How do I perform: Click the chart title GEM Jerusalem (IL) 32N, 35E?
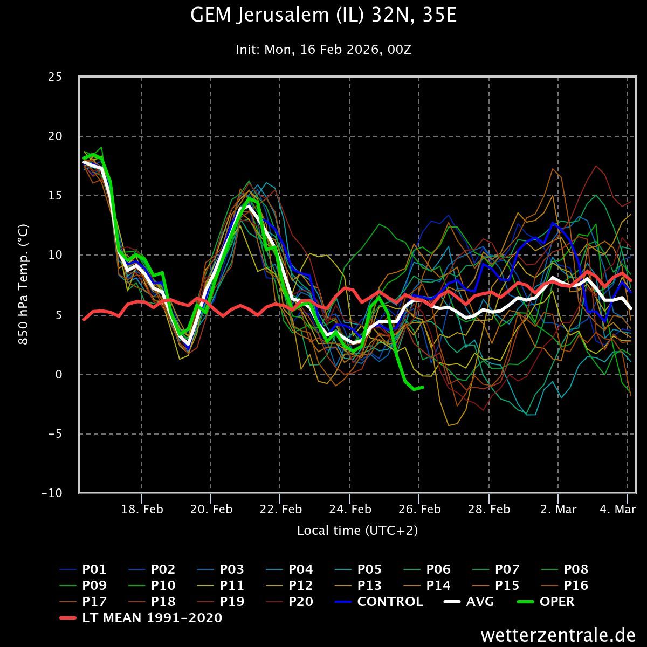(x=323, y=16)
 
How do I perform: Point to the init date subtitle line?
(x=323, y=50)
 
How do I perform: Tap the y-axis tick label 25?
(x=54, y=77)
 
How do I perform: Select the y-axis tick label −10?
(x=51, y=493)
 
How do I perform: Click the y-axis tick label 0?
(x=59, y=374)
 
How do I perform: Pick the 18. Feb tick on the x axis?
(x=142, y=510)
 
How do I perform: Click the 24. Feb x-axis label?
(x=350, y=510)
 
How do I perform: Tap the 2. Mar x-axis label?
(x=558, y=510)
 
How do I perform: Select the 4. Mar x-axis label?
(x=617, y=510)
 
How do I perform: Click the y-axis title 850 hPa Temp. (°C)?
(x=24, y=285)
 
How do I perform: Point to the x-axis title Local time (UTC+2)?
(x=357, y=531)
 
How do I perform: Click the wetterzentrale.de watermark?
(x=558, y=635)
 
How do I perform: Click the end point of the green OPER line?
(x=423, y=387)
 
